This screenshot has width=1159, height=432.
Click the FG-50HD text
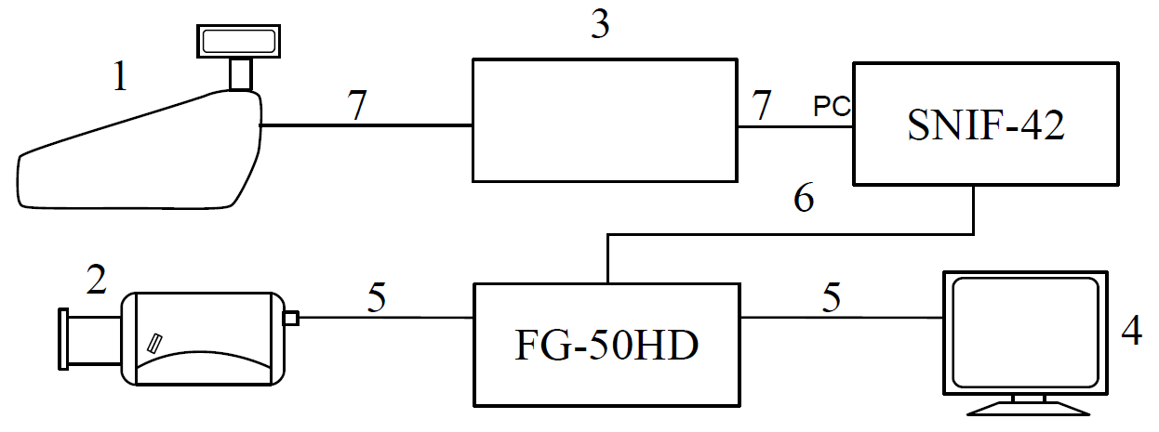point(606,347)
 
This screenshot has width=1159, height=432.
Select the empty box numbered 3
point(605,121)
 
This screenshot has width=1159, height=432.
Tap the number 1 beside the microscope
point(119,78)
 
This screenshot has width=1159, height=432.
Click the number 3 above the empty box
point(601,27)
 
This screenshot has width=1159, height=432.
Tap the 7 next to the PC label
point(762,107)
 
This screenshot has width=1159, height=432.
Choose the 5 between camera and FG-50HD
point(376,298)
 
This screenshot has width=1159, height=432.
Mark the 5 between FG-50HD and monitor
point(833,298)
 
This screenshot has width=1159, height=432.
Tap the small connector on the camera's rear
point(290,319)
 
